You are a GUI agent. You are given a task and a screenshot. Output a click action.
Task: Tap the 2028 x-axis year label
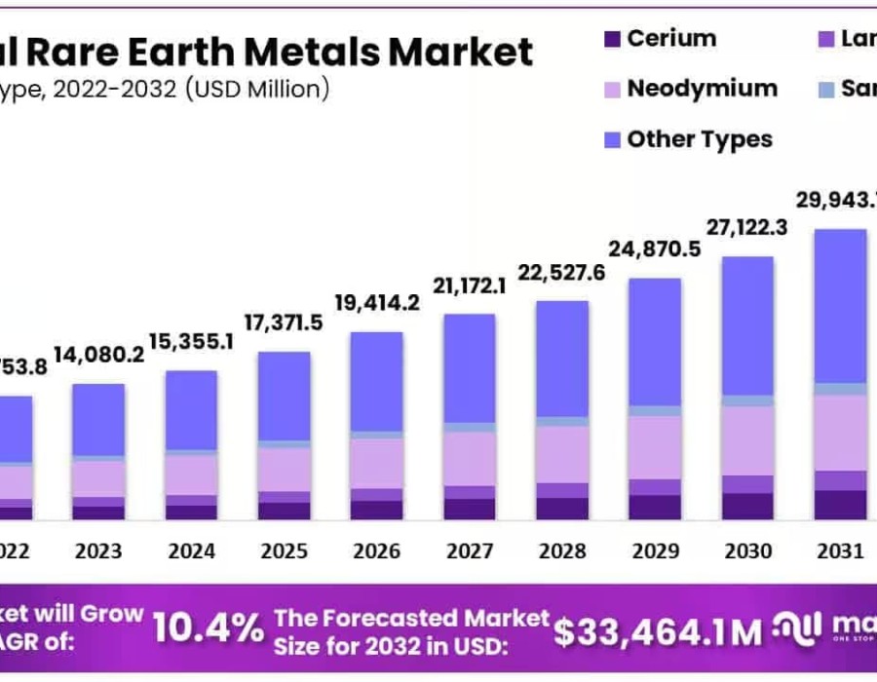tap(562, 551)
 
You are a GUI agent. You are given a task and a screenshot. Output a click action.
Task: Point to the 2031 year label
tap(839, 551)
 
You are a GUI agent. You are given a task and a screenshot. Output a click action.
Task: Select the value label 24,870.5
tap(655, 248)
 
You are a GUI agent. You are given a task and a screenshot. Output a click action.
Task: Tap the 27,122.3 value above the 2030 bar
tap(747, 228)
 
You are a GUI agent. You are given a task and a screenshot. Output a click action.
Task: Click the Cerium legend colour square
tap(612, 40)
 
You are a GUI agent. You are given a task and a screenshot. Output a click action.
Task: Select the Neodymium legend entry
tap(702, 89)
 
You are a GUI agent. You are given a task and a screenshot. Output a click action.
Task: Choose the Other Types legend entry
tap(699, 139)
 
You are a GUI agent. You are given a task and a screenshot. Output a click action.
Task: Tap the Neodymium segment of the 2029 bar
tap(655, 447)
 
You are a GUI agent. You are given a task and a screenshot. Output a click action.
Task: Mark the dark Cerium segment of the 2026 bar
tap(376, 511)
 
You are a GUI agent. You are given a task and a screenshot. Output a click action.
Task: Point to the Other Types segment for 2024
tap(191, 409)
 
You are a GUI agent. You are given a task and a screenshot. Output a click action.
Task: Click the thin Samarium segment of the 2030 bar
tap(747, 400)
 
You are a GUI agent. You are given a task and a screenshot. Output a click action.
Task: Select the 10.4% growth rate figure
tap(209, 629)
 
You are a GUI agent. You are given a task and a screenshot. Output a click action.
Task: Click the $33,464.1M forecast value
tap(658, 632)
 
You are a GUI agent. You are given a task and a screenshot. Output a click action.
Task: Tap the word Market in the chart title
tap(467, 51)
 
